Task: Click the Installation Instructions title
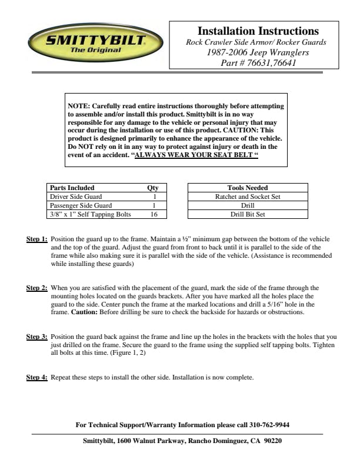point(258,31)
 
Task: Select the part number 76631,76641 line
point(258,63)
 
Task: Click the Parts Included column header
point(72,188)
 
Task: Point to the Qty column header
point(153,188)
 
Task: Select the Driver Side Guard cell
point(76,197)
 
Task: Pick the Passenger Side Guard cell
point(80,205)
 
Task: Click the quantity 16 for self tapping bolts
point(154,214)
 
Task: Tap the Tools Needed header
point(247,188)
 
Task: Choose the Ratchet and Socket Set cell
point(247,197)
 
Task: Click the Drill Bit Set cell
point(247,214)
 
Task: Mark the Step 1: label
point(37,240)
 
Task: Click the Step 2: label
point(37,288)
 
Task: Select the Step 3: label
point(37,337)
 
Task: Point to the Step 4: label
point(37,377)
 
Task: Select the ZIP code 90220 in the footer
point(273,441)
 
